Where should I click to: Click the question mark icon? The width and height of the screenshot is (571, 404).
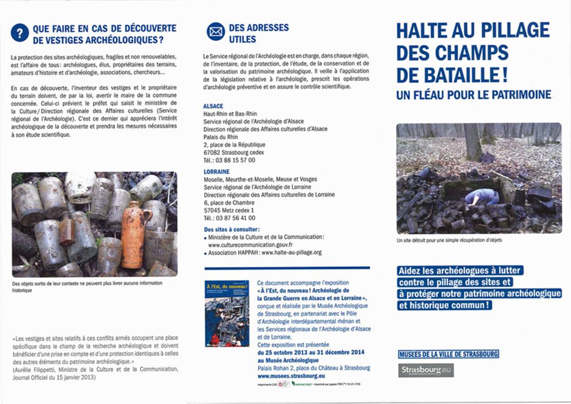[x=19, y=33]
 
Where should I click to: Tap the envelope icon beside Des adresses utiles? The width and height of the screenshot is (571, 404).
[x=215, y=32]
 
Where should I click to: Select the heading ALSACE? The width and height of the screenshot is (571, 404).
[x=213, y=106]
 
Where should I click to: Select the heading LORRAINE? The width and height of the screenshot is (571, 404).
[x=216, y=172]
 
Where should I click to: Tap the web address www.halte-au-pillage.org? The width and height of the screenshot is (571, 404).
[x=291, y=252]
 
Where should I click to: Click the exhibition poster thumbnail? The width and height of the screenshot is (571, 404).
[x=227, y=313]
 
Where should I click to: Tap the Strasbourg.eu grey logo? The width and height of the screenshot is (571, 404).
[x=426, y=370]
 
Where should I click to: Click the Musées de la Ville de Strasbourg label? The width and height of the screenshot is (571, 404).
[x=448, y=354]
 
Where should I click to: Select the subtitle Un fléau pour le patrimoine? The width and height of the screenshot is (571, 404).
[x=474, y=95]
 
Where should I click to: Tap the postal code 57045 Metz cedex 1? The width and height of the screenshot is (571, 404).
[x=228, y=210]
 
